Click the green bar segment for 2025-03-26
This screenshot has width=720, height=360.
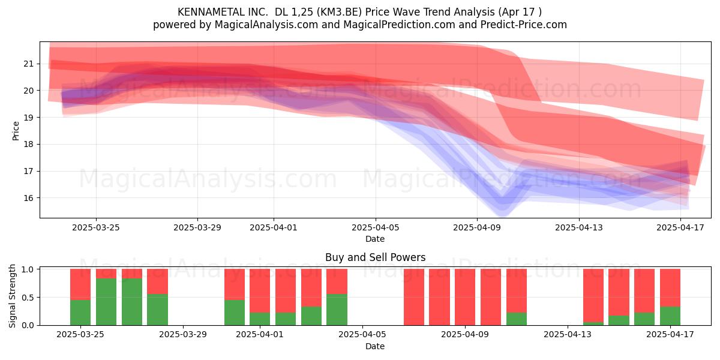(106, 301)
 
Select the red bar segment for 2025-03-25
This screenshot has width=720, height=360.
(80, 284)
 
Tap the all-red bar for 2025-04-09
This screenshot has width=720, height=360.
(465, 297)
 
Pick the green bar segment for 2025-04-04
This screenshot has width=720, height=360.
(337, 309)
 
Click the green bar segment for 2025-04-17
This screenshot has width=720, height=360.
(670, 316)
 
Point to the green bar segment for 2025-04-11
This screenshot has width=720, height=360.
(517, 319)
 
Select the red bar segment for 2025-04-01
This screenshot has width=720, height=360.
(260, 290)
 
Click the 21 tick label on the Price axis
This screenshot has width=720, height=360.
(28, 64)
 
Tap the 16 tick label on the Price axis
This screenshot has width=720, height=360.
(28, 198)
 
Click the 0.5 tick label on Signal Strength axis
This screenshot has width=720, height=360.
(28, 298)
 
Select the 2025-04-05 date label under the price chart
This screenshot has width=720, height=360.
(376, 227)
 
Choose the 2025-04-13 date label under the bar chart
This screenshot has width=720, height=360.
(568, 335)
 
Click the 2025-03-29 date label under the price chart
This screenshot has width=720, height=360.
(197, 227)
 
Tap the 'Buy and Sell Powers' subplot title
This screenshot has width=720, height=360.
(375, 257)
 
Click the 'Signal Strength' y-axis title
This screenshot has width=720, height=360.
(12, 296)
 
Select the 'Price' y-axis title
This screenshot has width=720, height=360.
(16, 131)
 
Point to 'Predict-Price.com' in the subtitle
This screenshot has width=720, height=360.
(524, 25)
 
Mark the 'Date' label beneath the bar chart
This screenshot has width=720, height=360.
(375, 346)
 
